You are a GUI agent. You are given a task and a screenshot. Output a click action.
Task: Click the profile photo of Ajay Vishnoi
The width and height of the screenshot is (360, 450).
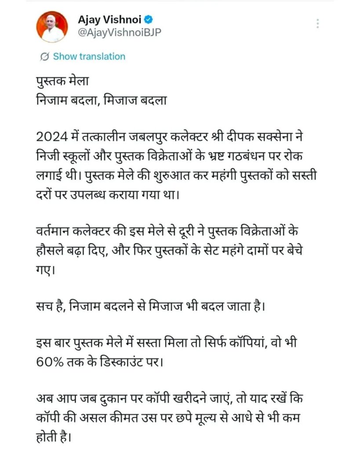(52, 26)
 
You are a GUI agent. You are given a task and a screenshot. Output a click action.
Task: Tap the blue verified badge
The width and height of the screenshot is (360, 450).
(149, 20)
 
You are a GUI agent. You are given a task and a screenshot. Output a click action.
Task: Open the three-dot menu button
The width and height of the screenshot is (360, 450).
(317, 23)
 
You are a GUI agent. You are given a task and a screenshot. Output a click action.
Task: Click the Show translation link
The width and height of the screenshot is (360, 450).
(89, 56)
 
